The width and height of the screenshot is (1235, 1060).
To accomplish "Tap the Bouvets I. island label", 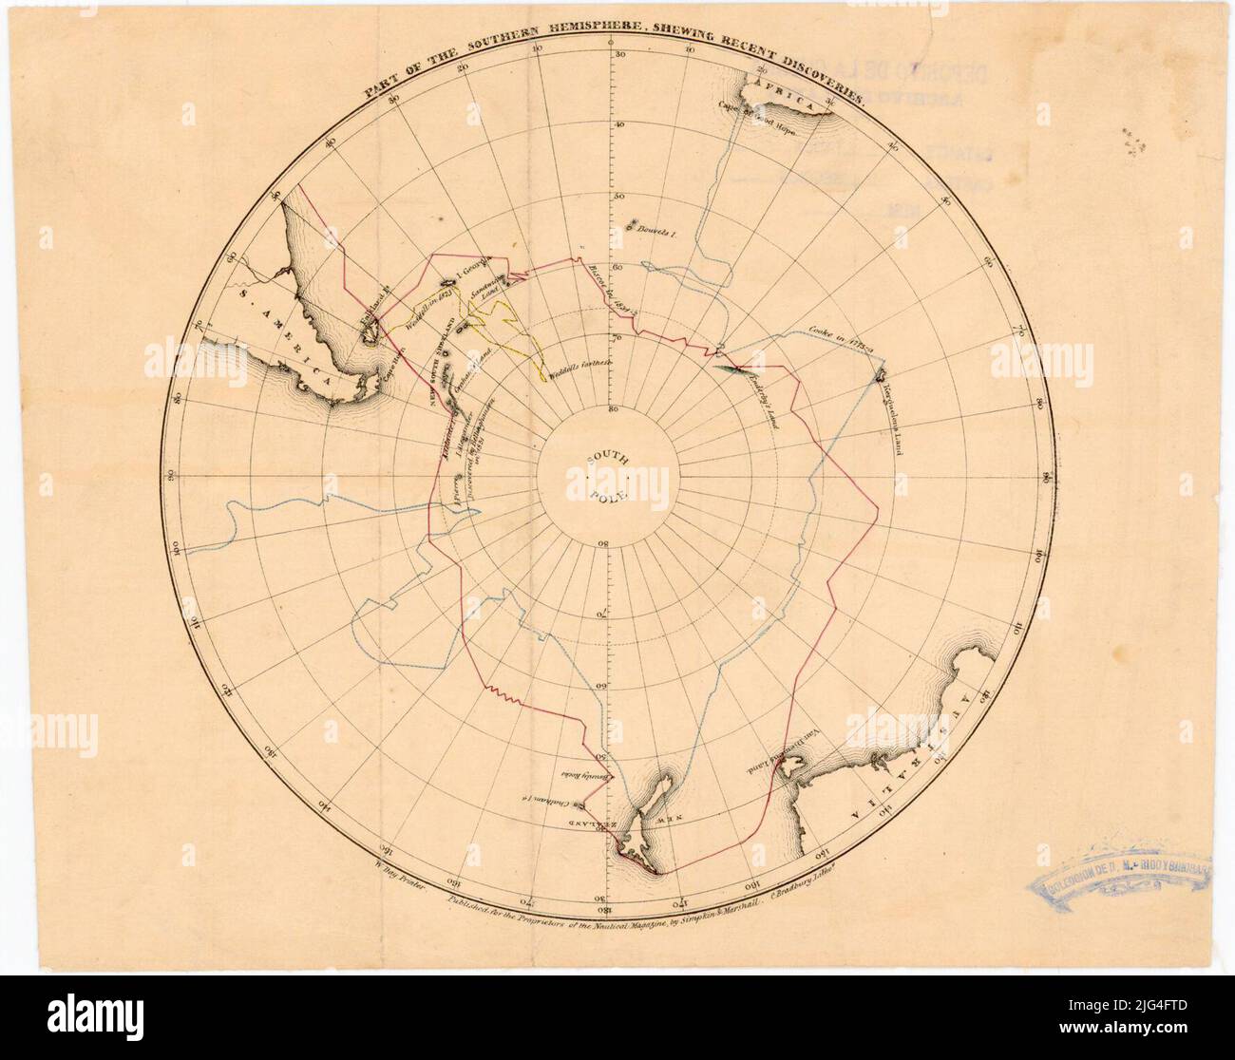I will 655,230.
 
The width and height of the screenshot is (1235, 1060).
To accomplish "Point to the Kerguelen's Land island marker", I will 881,374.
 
